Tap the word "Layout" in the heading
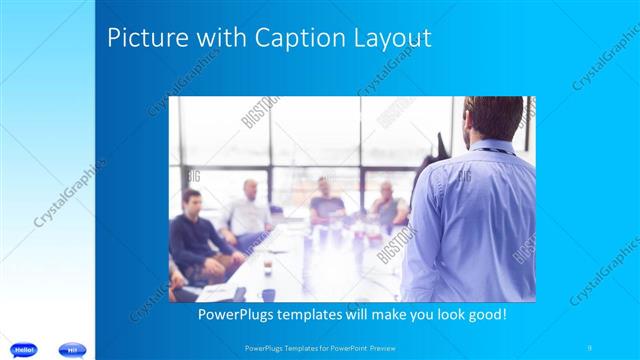392,39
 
